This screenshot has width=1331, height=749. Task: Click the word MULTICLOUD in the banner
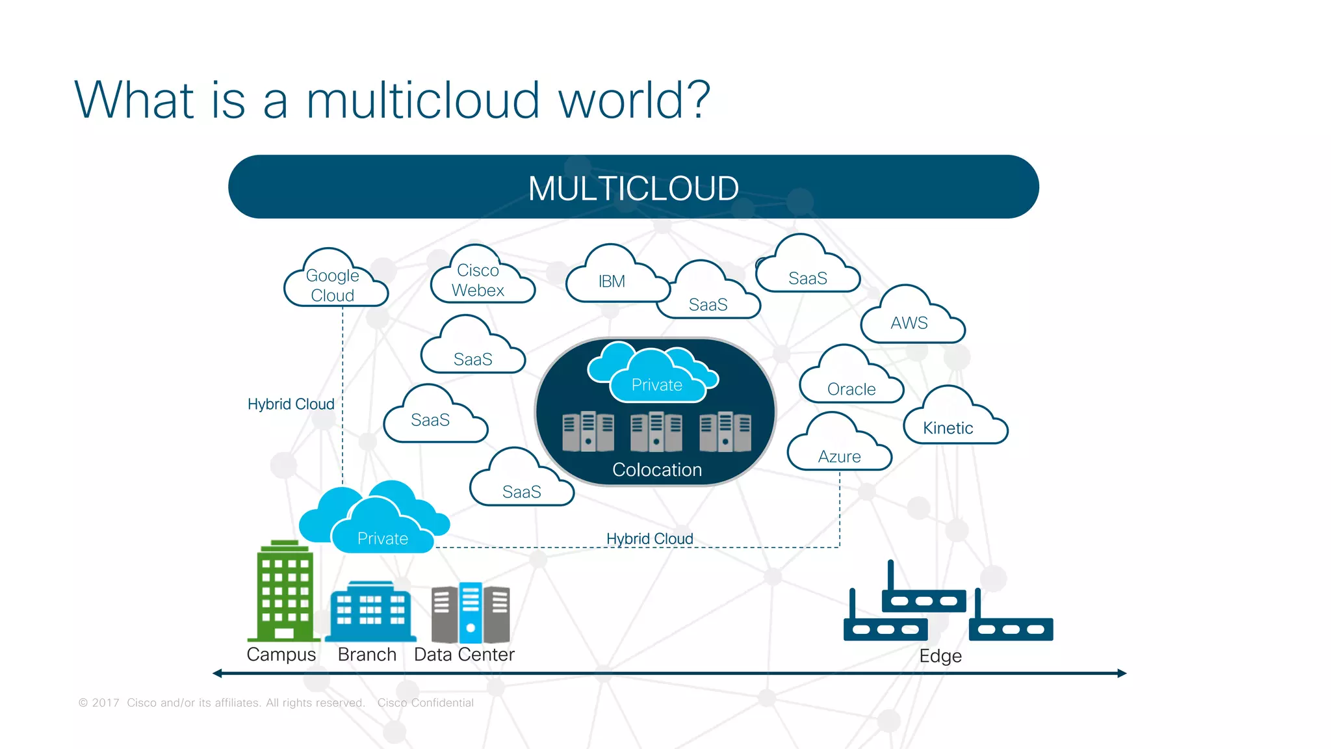(633, 189)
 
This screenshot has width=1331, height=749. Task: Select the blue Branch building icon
(370, 612)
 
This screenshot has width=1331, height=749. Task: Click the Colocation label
(657, 469)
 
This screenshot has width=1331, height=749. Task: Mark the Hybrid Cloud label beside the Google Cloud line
(291, 404)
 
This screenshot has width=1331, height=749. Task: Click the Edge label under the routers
(940, 655)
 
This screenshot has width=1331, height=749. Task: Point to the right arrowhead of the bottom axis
(1122, 674)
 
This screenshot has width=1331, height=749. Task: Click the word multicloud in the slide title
(422, 101)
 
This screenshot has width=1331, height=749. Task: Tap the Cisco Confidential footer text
(425, 703)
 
